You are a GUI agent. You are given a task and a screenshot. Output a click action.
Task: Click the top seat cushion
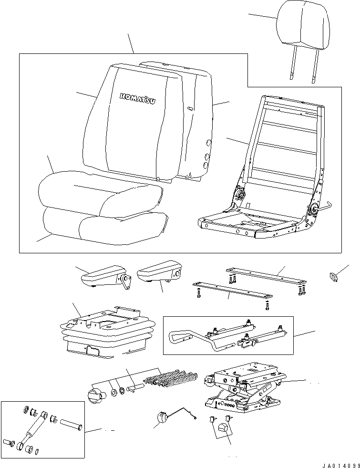coord(95,193)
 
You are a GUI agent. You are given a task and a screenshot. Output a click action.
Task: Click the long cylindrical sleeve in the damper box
coord(70,424)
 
